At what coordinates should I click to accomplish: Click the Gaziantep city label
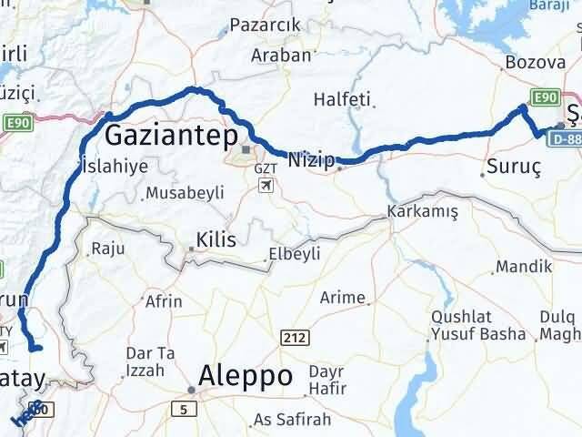click(x=171, y=137)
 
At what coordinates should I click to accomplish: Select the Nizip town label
click(x=311, y=157)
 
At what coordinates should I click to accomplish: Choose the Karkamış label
click(x=417, y=210)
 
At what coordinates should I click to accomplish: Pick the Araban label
click(x=282, y=55)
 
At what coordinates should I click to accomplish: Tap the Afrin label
click(x=164, y=301)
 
